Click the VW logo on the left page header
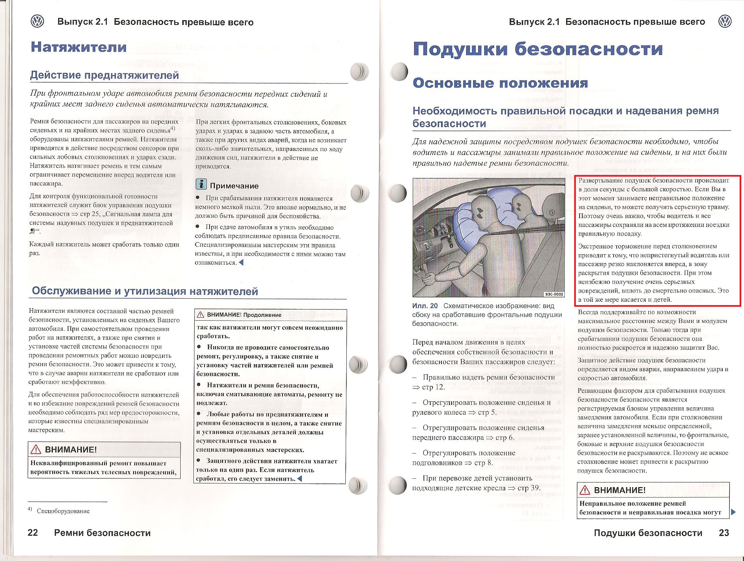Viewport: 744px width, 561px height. [x=37, y=22]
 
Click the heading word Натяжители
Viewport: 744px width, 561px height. [x=79, y=47]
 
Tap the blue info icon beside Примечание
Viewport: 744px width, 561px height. [x=201, y=184]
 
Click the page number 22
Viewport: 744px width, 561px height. [x=33, y=532]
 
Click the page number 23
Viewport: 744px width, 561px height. [x=724, y=532]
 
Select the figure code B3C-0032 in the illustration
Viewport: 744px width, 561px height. [x=554, y=294]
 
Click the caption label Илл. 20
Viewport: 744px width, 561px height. [x=425, y=306]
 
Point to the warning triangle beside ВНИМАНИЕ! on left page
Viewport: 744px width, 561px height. [x=36, y=449]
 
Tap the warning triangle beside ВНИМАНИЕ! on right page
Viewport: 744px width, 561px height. [x=585, y=490]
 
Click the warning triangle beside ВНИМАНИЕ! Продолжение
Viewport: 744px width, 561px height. [x=200, y=315]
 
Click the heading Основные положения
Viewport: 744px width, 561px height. [x=500, y=83]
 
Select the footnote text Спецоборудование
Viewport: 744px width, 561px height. [x=63, y=511]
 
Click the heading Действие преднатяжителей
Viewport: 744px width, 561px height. [x=104, y=75]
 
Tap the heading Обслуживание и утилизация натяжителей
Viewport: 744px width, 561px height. [x=145, y=291]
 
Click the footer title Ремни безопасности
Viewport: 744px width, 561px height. [x=102, y=533]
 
